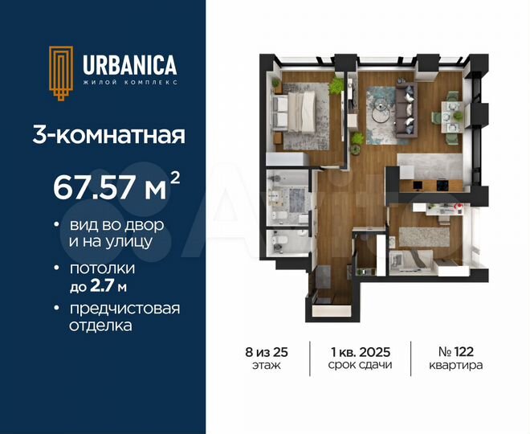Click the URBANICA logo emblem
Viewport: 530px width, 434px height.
click(x=60, y=72)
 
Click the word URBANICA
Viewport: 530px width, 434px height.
click(x=128, y=64)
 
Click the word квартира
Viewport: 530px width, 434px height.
click(x=455, y=365)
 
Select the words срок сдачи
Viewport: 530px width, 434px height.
click(x=360, y=365)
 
